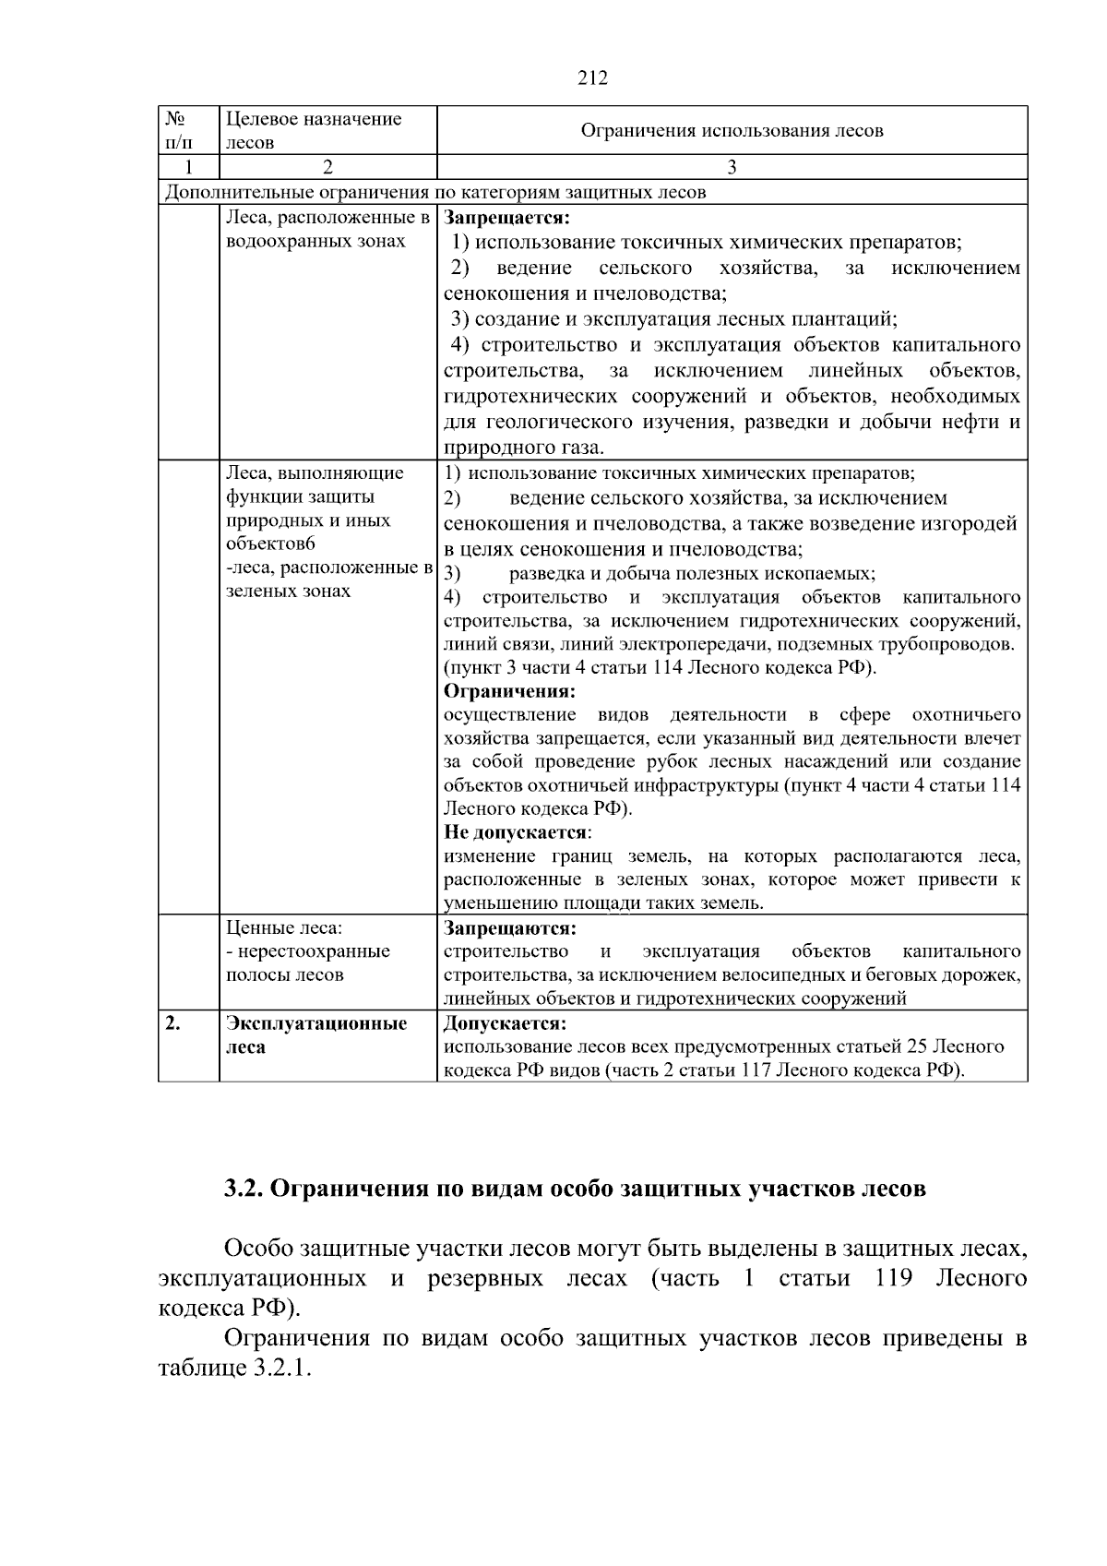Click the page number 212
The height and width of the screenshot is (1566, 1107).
pos(592,78)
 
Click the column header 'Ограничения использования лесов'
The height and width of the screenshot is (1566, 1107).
pos(732,131)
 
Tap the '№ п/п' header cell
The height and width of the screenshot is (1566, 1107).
pos(179,130)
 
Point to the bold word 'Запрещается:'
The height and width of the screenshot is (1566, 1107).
pos(506,219)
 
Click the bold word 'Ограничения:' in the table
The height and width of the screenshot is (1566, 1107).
pos(509,691)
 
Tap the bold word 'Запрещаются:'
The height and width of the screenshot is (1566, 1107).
pos(509,927)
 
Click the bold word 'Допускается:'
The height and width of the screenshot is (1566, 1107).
pos(505,1023)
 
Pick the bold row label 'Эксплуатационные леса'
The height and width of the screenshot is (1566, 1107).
pos(316,1035)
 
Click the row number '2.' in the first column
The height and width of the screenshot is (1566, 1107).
pos(173,1023)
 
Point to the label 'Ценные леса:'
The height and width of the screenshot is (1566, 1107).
pos(283,927)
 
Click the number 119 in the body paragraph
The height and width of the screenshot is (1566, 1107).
pos(892,1279)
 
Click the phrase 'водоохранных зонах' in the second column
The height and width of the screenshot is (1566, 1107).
pos(315,243)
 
